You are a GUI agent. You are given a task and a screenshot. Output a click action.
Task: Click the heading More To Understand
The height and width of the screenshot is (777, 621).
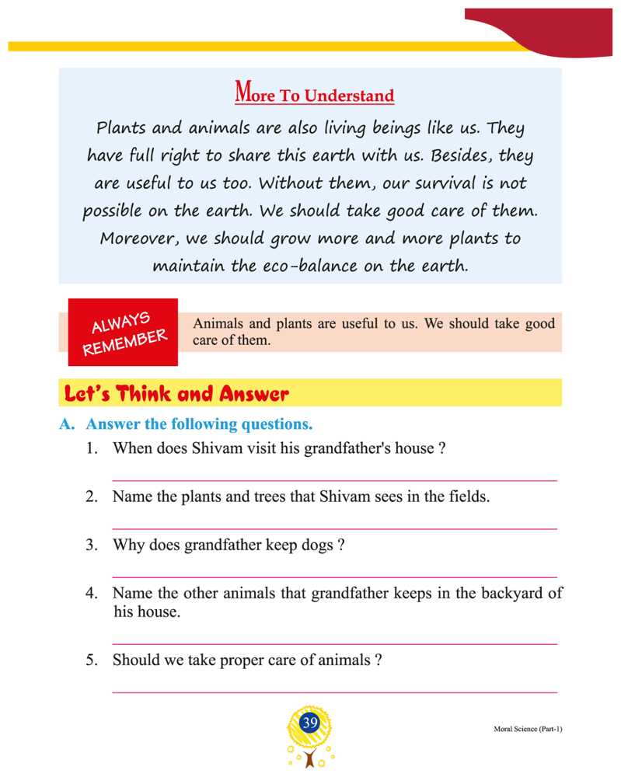click(314, 95)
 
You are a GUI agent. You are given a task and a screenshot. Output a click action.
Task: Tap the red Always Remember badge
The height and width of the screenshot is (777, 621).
click(124, 332)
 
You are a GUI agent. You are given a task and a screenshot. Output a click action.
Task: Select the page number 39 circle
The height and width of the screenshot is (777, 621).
click(310, 723)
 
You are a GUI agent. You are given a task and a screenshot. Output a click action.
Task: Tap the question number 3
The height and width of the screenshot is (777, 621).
click(91, 545)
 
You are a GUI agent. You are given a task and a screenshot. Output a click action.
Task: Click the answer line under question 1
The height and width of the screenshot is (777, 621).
click(334, 481)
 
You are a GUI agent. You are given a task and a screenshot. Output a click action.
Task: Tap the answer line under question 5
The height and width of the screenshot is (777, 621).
click(334, 692)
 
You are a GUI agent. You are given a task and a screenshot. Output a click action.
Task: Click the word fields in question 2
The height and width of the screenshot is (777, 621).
click(468, 497)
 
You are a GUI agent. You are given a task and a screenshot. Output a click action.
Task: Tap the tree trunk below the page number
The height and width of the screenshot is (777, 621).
click(310, 759)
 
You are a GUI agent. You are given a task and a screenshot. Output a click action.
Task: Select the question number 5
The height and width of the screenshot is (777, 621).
click(91, 660)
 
